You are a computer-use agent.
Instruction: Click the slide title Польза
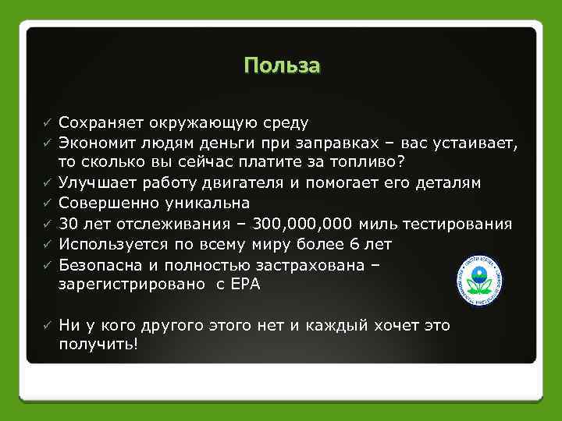[281, 65]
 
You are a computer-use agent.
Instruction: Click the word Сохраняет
[99, 122]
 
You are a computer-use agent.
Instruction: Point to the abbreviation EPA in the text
[245, 285]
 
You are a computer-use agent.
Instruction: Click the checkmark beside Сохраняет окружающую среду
[47, 123]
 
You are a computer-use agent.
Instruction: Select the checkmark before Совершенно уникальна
[47, 204]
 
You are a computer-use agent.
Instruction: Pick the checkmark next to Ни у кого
[47, 324]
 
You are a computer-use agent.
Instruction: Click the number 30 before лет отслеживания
[68, 224]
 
